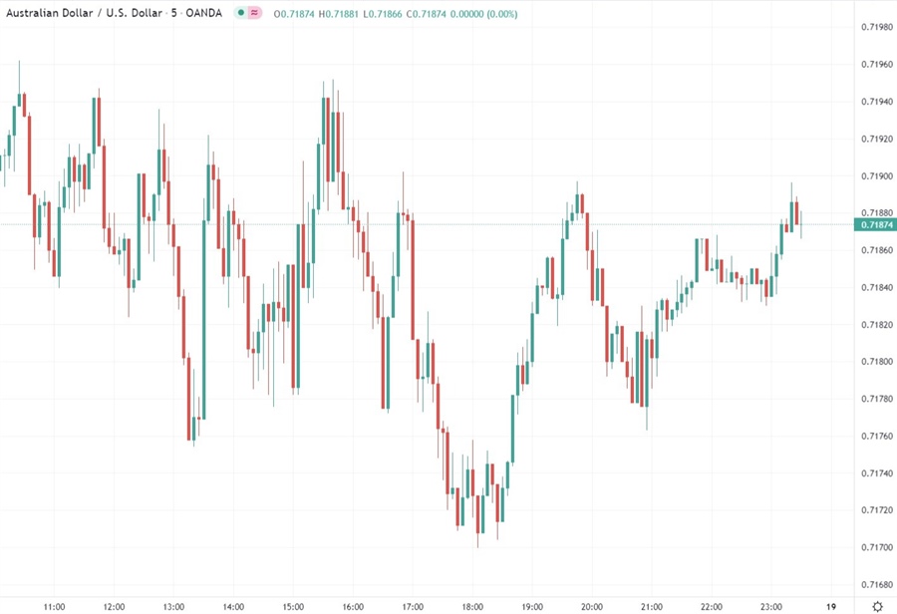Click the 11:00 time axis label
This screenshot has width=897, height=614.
click(x=55, y=606)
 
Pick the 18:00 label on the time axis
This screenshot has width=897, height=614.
click(x=472, y=606)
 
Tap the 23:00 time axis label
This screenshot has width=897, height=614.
click(x=770, y=606)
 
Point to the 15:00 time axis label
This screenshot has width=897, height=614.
click(x=293, y=606)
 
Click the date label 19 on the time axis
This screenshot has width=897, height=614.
click(x=831, y=606)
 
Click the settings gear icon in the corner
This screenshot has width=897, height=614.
click(x=875, y=605)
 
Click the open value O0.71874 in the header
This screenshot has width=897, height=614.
click(x=294, y=13)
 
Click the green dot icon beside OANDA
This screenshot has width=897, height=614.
click(x=240, y=13)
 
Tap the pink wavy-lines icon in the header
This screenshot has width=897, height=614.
click(x=255, y=13)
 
